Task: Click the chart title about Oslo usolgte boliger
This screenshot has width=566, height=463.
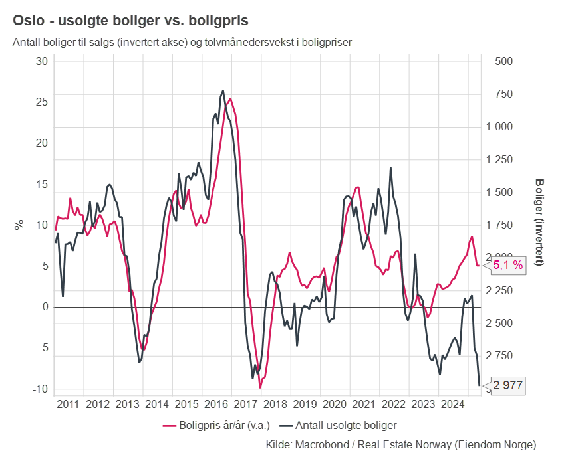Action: click(130, 21)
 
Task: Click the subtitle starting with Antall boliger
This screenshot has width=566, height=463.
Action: click(182, 42)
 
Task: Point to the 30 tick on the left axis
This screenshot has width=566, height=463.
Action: click(42, 61)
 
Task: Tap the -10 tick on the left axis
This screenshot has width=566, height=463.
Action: click(41, 389)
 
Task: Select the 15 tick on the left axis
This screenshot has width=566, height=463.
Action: click(42, 184)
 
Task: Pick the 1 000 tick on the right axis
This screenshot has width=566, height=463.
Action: click(505, 127)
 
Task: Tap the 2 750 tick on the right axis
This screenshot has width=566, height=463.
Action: click(505, 356)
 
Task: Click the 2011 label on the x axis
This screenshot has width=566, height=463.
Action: click(69, 404)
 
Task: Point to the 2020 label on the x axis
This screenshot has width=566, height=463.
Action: click(335, 404)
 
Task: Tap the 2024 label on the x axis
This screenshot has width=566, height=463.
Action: click(452, 404)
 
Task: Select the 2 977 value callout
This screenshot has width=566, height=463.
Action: click(508, 385)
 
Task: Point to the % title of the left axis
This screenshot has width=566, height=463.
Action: click(19, 224)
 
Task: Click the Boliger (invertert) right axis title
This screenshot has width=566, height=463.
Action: click(539, 223)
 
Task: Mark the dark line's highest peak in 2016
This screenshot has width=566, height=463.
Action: click(222, 91)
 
